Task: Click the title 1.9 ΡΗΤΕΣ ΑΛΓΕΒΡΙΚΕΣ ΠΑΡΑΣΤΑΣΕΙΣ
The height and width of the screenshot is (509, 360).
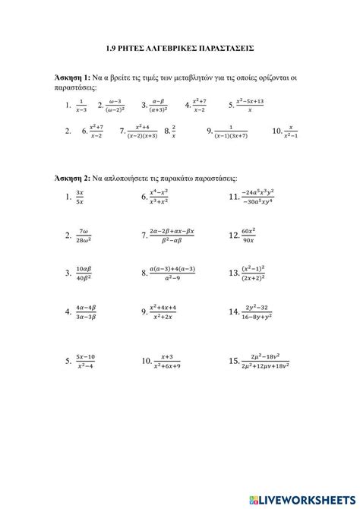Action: (x=179, y=47)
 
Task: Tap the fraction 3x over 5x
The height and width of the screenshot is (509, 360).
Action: (x=80, y=198)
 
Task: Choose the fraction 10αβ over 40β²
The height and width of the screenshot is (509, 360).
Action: (x=84, y=273)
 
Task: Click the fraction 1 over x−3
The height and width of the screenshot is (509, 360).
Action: (x=81, y=106)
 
